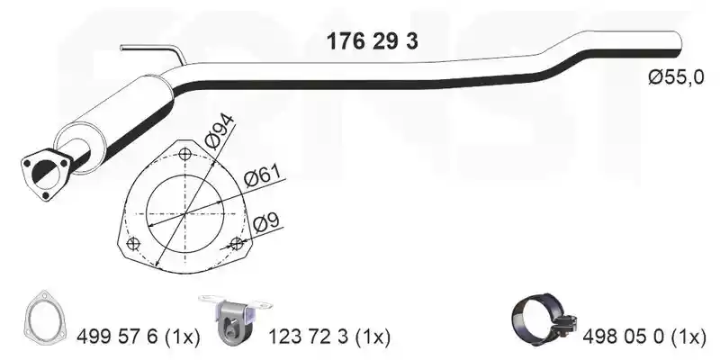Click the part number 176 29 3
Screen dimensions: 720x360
372,41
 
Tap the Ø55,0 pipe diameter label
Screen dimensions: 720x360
676,77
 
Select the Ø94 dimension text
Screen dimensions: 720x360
220,130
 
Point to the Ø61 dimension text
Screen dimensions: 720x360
262,176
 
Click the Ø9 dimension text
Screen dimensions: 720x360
266,223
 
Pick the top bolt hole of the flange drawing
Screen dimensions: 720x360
185,153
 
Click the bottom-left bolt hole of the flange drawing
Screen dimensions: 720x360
132,243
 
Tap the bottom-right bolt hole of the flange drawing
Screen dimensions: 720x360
237,243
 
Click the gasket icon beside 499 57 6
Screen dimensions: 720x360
43,316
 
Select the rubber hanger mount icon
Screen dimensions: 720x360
234,321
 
